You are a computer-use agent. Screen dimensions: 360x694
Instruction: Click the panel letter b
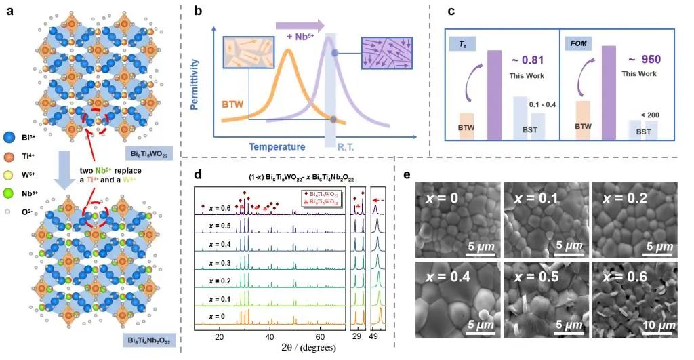[x=198, y=12]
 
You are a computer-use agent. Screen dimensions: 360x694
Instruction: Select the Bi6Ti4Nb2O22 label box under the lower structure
[x=152, y=338]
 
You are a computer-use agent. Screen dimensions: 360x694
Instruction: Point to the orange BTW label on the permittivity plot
[x=230, y=104]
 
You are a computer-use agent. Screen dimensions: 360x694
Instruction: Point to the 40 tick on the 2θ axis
[x=270, y=336]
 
